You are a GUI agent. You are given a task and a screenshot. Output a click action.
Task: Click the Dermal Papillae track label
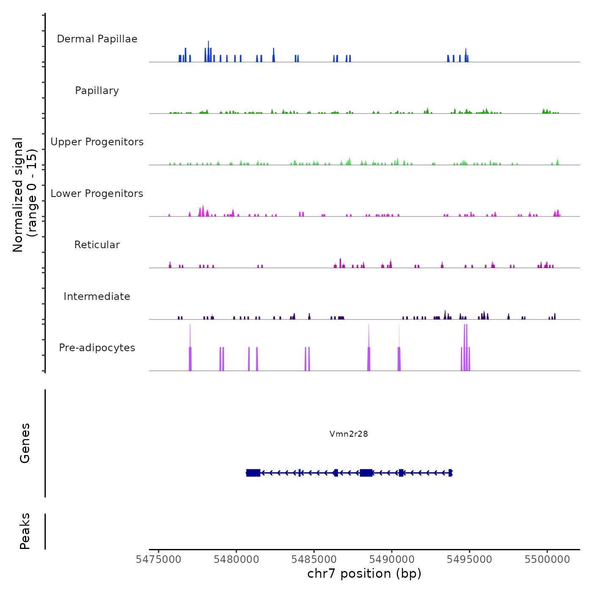click(x=97, y=39)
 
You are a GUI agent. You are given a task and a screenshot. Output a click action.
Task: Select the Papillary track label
click(x=97, y=91)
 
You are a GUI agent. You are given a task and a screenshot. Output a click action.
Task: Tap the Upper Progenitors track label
click(x=97, y=142)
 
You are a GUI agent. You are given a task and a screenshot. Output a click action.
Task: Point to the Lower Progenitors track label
click(x=97, y=194)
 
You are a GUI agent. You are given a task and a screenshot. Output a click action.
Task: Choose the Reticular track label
click(x=97, y=245)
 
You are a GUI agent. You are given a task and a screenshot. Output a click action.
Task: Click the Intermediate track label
click(x=97, y=296)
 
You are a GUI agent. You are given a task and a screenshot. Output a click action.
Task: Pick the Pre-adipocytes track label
click(x=97, y=348)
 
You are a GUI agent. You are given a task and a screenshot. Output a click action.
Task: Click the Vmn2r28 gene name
click(x=349, y=434)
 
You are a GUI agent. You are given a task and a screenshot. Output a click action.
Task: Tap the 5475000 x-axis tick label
click(x=158, y=560)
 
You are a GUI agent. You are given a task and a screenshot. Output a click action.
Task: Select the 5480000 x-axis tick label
click(x=236, y=560)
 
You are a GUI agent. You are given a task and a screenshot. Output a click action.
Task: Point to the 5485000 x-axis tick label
click(x=314, y=560)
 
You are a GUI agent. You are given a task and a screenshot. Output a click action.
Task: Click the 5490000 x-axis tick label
click(x=392, y=560)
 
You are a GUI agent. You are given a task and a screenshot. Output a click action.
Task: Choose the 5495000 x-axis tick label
click(x=469, y=560)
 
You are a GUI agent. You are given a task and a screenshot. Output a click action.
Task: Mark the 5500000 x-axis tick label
click(x=547, y=560)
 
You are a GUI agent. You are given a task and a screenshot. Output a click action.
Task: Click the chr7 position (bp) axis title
click(x=364, y=574)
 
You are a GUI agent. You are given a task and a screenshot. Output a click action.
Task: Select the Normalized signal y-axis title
click(x=25, y=195)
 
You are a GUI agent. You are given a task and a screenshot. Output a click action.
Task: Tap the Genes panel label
click(x=25, y=443)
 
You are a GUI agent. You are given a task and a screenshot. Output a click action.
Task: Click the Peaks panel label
click(x=25, y=531)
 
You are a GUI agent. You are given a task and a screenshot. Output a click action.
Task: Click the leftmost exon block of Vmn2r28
click(x=253, y=473)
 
